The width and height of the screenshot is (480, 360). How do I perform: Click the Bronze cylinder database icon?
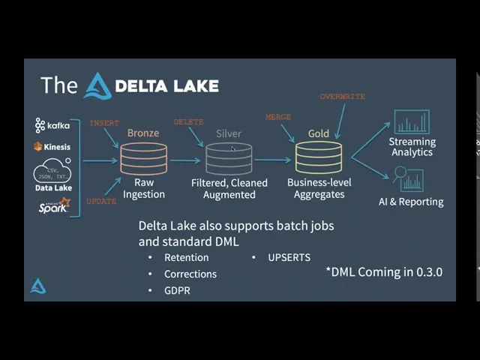[x=143, y=158]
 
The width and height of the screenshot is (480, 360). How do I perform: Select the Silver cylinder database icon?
[x=229, y=158]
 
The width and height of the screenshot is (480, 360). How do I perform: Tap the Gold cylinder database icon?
[x=318, y=158]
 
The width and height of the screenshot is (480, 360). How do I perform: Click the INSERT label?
[x=104, y=123]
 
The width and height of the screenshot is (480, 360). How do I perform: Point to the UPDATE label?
[x=101, y=201]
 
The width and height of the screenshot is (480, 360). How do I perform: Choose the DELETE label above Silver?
[x=188, y=122]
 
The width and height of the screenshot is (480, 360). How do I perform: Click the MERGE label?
[x=278, y=117]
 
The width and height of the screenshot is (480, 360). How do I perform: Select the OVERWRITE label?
[x=342, y=97]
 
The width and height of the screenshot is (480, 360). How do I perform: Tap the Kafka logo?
[x=52, y=124]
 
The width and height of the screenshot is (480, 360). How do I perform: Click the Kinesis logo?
[x=52, y=147]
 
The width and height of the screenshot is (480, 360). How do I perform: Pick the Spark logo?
[x=54, y=205]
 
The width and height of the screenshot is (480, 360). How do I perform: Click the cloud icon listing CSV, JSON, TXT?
[x=52, y=172]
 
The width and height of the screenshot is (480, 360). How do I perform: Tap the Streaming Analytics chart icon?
[x=412, y=122]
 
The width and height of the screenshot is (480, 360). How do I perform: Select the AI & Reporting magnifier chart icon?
[x=409, y=180]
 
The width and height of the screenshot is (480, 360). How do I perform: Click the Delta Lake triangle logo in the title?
[x=97, y=85]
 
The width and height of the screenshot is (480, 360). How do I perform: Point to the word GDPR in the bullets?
[x=177, y=290]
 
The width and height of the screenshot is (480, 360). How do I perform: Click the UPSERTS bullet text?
[x=289, y=257]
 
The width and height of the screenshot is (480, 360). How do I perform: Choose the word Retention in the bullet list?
[x=187, y=257]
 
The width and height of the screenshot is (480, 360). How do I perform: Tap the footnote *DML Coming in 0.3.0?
[x=384, y=271]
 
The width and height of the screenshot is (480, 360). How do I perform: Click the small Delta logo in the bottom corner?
[x=37, y=286]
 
